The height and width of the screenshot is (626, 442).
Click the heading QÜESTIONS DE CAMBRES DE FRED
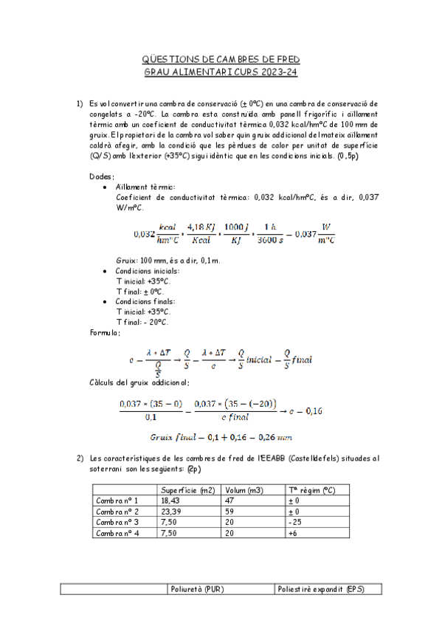pyautogui.click(x=221, y=59)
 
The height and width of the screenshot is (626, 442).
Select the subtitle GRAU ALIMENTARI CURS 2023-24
pyautogui.click(x=221, y=72)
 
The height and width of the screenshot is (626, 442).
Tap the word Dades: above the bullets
pyautogui.click(x=102, y=176)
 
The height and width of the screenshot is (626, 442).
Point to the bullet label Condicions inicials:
pyautogui.click(x=147, y=271)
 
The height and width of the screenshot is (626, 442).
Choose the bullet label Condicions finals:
pyautogui.click(x=145, y=301)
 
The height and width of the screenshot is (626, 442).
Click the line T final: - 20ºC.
pyautogui.click(x=142, y=322)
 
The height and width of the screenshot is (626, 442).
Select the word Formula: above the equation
pyautogui.click(x=105, y=333)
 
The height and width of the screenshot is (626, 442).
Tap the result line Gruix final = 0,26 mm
pyautogui.click(x=221, y=436)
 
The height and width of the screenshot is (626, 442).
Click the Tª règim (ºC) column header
pyautogui.click(x=311, y=489)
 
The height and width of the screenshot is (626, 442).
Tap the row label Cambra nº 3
pyautogui.click(x=117, y=521)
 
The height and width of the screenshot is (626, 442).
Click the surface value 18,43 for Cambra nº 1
pyautogui.click(x=170, y=500)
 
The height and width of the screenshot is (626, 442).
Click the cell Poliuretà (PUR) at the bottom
pyautogui.click(x=197, y=588)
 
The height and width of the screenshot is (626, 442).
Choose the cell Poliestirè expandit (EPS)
pyautogui.click(x=319, y=588)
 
